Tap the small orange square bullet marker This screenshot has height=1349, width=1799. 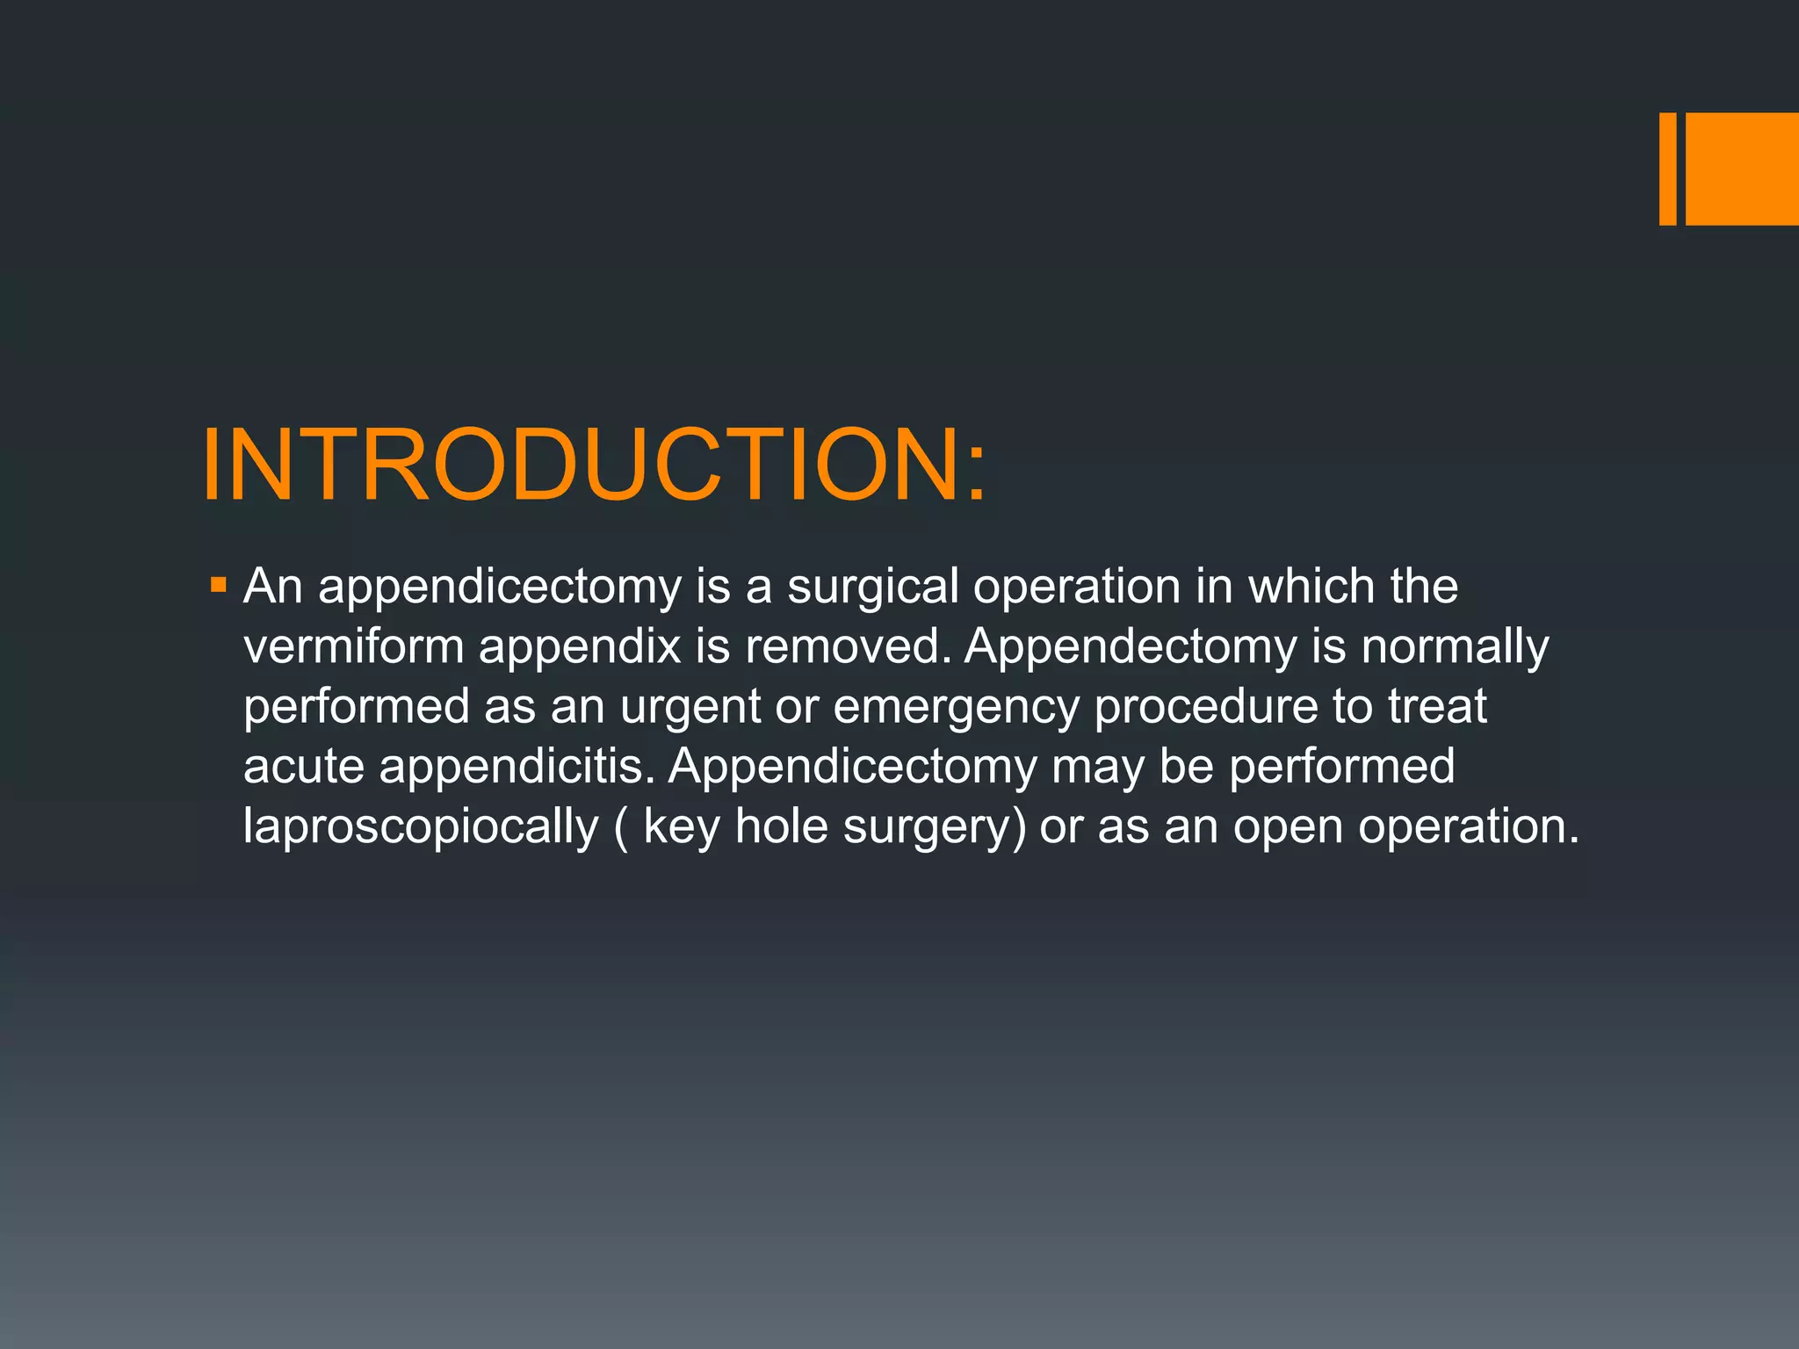pyautogui.click(x=219, y=584)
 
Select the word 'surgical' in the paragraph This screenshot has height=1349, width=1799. pyautogui.click(x=872, y=586)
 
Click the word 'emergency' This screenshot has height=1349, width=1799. pyautogui.click(x=956, y=706)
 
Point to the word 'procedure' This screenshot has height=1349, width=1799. pyautogui.click(x=1205, y=706)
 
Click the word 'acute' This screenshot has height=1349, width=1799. pyautogui.click(x=303, y=766)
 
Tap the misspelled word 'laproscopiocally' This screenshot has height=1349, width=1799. pyautogui.click(x=421, y=826)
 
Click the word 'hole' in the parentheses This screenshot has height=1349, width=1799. pyautogui.click(x=781, y=826)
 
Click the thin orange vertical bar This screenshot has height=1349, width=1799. pyautogui.click(x=1667, y=169)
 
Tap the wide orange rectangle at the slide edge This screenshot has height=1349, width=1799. pyautogui.click(x=1742, y=169)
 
